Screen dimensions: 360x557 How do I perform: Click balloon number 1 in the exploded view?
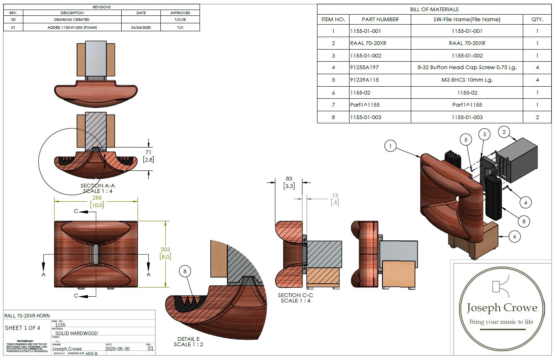tap(390, 146)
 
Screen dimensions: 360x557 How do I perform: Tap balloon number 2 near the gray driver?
tap(504, 133)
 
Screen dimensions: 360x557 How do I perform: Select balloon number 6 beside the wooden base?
tap(515, 236)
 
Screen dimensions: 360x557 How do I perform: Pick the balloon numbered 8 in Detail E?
tap(185, 272)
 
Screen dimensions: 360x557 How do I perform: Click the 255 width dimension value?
tap(97, 198)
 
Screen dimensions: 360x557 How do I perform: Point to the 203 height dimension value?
tap(165, 250)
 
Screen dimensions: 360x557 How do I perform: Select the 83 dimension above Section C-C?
tap(289, 179)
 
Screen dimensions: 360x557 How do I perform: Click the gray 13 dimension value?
tap(335, 195)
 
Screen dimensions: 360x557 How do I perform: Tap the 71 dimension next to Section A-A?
tap(148, 153)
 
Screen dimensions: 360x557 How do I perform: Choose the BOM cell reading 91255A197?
tap(365, 67)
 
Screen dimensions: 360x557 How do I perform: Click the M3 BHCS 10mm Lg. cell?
tap(467, 80)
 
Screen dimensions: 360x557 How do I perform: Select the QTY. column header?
tap(537, 19)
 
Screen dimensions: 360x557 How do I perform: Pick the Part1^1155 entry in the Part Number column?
tap(365, 105)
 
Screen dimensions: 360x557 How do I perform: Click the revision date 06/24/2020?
tap(141, 27)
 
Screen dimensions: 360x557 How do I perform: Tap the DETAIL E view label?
tap(189, 339)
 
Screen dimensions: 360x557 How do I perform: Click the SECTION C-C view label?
tap(295, 295)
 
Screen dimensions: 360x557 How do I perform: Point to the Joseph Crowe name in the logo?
tap(502, 308)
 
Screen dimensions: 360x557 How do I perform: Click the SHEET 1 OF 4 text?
tap(22, 328)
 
